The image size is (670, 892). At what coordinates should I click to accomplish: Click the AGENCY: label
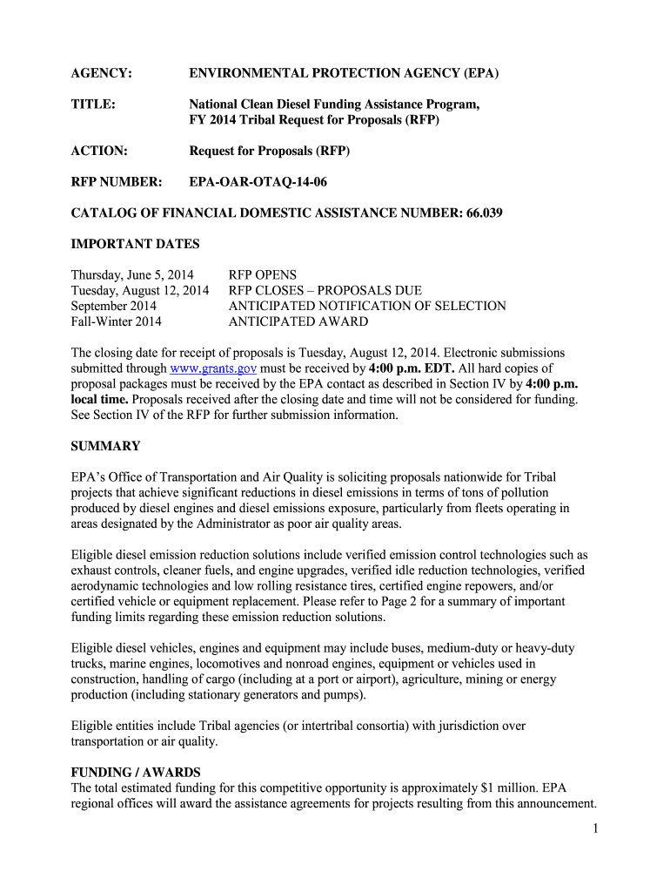[101, 73]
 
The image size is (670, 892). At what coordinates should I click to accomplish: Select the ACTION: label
[98, 151]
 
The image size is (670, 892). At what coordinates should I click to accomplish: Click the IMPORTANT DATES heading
[135, 244]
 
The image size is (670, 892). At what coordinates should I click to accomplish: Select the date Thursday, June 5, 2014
[132, 274]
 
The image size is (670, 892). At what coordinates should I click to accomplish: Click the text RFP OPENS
[262, 274]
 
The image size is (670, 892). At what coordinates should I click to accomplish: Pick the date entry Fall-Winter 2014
[116, 321]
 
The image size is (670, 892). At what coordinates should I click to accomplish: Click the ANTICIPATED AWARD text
[298, 321]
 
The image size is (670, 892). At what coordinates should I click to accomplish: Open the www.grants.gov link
[218, 368]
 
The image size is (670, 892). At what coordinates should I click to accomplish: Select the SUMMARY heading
[104, 446]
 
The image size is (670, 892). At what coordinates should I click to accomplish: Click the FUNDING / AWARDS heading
[135, 772]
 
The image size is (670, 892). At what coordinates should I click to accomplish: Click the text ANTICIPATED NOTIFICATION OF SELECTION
[366, 306]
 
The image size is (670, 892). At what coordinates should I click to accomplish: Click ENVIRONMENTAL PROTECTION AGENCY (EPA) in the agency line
[344, 73]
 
